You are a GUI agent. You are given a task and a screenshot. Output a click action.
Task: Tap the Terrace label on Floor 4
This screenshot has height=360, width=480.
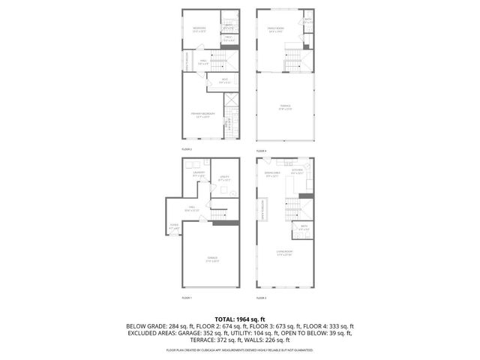(285, 106)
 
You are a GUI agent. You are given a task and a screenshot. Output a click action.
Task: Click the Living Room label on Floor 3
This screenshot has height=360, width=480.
(284, 252)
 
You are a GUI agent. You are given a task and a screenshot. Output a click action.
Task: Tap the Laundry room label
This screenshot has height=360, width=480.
(199, 174)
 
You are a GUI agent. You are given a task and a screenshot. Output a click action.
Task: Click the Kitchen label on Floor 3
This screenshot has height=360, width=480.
(296, 171)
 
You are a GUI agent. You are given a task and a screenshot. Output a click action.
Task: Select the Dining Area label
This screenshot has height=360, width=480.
(273, 175)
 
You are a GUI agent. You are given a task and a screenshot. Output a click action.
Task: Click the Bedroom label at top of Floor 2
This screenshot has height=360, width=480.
(199, 29)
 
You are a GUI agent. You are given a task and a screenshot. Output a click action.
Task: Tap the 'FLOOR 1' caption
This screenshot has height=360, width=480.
(187, 298)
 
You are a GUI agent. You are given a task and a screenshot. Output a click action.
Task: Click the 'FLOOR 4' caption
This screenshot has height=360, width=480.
(261, 150)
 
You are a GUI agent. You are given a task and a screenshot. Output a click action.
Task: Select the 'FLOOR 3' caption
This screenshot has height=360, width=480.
(261, 298)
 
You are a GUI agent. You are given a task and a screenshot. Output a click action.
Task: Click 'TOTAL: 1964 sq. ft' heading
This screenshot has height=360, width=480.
(240, 319)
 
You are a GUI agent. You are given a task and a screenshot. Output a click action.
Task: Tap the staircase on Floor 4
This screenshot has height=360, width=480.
(292, 58)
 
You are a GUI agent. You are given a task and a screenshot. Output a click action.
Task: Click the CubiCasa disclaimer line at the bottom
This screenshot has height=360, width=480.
(240, 349)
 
